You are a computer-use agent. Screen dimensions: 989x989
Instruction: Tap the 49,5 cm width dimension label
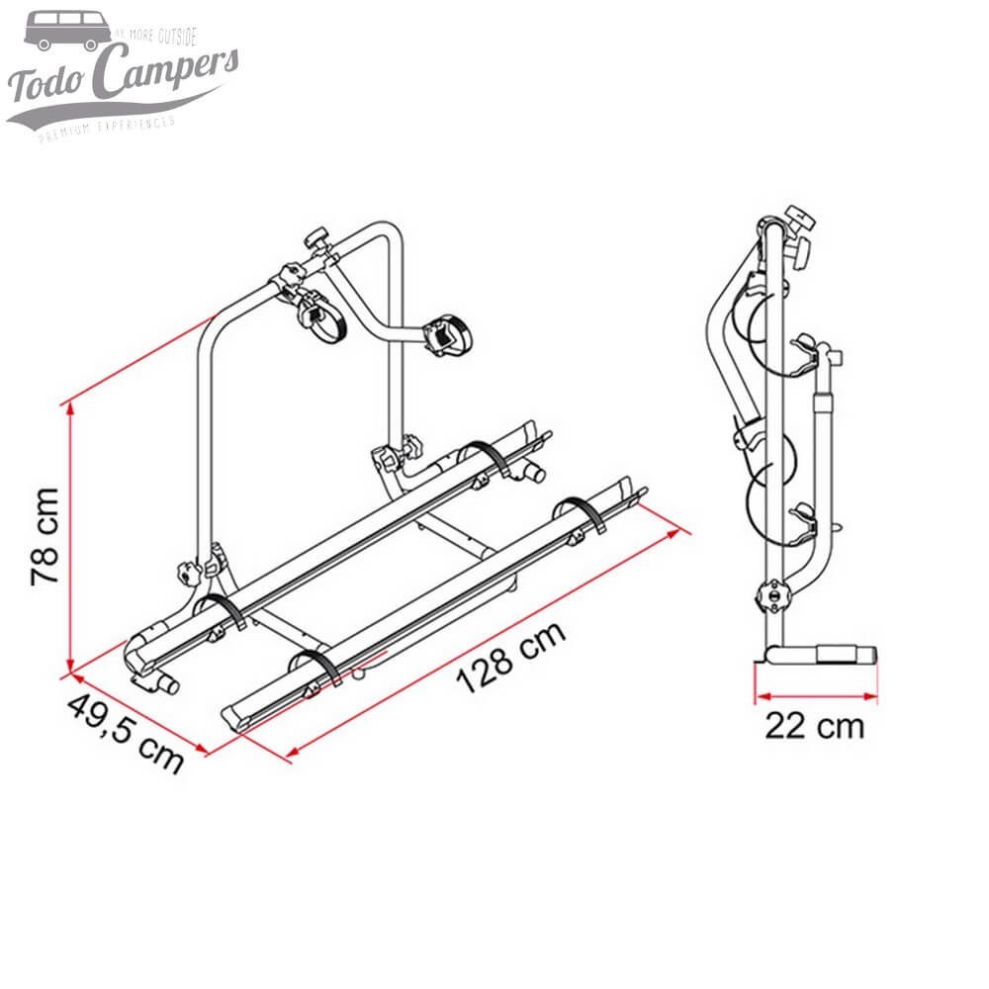click(x=126, y=733)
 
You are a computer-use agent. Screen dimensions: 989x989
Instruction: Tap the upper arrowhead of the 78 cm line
click(x=69, y=407)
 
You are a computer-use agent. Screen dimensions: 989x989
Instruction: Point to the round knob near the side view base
click(x=767, y=595)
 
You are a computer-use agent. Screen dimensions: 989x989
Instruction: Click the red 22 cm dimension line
click(x=815, y=694)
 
